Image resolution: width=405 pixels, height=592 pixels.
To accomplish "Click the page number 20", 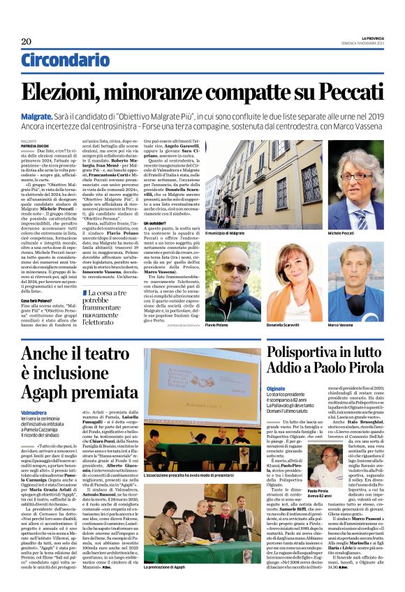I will [x=26, y=41].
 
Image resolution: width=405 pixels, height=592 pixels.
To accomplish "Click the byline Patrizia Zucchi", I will [x=34, y=145].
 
